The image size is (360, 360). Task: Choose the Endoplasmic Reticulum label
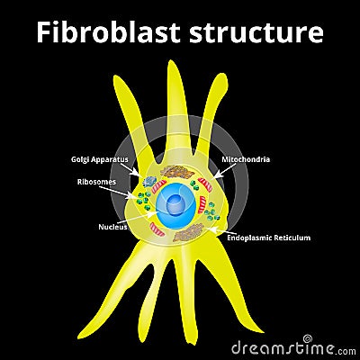coord(268,238)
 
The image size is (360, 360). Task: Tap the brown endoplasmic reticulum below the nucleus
coord(190,233)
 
